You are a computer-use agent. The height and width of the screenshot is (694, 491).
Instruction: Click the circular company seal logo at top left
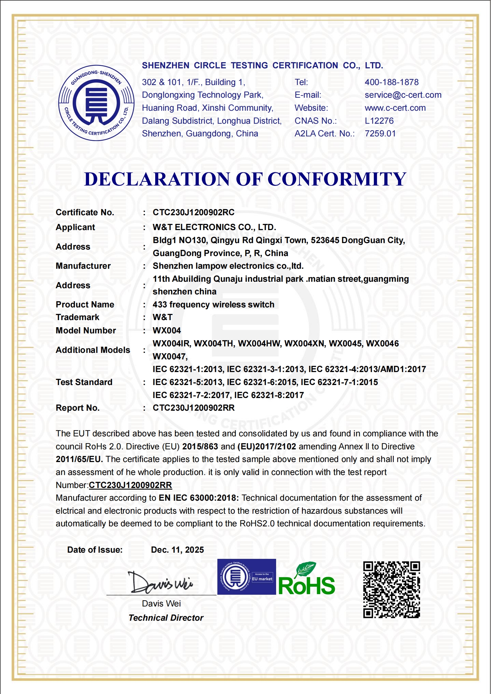96,103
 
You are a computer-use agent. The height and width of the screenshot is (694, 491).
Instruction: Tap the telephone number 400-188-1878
391,82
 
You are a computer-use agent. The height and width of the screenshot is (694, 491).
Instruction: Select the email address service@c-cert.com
403,95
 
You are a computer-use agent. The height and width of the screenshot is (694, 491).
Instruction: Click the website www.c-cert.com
395,108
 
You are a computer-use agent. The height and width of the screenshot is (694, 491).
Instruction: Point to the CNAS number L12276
379,121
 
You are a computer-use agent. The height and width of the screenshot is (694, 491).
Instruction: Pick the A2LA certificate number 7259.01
380,134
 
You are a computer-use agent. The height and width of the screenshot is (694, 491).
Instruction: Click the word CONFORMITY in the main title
337,179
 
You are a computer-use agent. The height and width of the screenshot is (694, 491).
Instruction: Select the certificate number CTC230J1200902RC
194,212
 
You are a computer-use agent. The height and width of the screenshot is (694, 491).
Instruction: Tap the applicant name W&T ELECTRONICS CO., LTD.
214,227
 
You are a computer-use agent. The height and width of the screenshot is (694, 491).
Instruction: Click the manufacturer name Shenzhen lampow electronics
228,266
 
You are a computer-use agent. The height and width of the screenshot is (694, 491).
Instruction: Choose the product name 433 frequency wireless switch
213,305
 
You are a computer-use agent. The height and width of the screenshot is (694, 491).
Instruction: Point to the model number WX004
167,331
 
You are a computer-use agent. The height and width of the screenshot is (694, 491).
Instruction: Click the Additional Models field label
93,350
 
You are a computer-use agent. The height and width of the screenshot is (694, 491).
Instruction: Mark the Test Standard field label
84,382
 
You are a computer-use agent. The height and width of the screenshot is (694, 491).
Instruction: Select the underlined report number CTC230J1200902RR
130,485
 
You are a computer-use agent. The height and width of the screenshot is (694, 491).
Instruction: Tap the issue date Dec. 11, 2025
177,550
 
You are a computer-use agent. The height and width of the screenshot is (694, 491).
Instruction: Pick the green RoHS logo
306,580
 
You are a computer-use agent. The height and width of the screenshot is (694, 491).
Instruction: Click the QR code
391,590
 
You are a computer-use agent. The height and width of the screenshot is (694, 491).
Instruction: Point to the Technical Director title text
166,618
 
